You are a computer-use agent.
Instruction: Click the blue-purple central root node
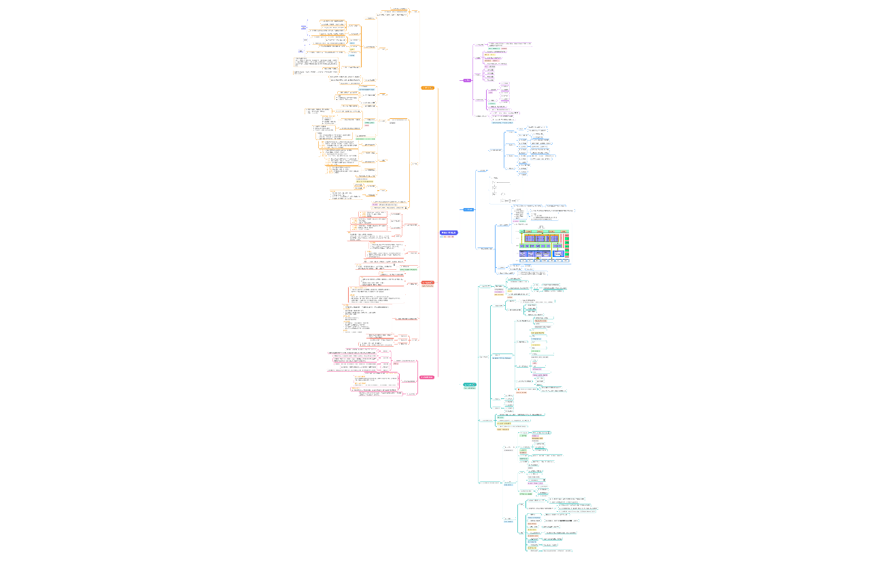pos(449,232)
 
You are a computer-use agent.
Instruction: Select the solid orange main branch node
pos(428,88)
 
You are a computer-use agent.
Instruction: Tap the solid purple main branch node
pos(467,80)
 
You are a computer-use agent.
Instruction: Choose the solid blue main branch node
pos(468,209)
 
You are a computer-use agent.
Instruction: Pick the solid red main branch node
pos(428,282)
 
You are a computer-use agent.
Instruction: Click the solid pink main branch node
pos(427,377)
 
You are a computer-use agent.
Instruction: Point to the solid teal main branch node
pos(470,385)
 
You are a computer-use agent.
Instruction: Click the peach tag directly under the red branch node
pos(428,286)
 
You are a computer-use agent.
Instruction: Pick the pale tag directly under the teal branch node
pos(470,389)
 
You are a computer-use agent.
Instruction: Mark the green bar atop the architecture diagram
pos(544,231)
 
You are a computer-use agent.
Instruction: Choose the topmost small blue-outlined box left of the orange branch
pos(304,26)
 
